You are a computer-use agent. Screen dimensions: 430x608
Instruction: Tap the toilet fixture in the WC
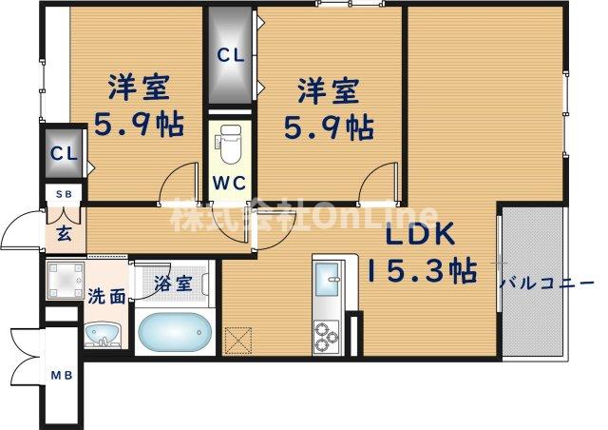[229, 145]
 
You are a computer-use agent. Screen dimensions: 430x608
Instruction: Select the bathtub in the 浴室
[173, 332]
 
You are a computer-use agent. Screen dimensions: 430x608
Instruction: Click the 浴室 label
[173, 283]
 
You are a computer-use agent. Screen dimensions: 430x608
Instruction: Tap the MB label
[62, 374]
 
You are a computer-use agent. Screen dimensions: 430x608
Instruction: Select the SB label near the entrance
[63, 195]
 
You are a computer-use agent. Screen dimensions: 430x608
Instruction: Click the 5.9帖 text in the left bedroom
[139, 125]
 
